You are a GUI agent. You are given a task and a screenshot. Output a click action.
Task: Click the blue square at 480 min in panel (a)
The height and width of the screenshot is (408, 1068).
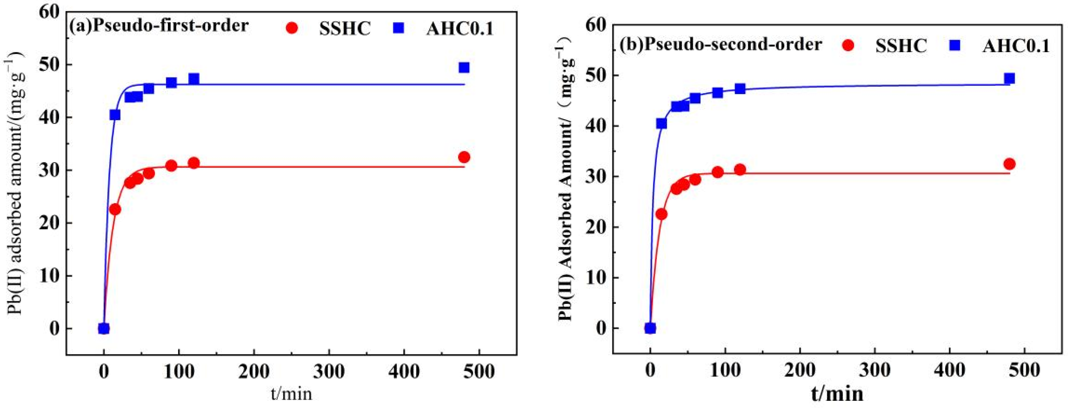tap(464, 67)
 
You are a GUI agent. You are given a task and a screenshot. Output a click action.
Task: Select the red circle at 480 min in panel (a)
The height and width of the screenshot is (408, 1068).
tap(464, 157)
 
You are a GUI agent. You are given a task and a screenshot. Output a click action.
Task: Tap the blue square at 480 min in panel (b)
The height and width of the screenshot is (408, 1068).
tap(1010, 79)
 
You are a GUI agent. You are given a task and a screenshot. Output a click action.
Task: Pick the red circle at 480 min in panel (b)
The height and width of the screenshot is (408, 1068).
tap(1010, 164)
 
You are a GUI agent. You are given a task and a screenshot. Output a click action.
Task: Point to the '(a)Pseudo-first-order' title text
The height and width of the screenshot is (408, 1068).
tap(159, 26)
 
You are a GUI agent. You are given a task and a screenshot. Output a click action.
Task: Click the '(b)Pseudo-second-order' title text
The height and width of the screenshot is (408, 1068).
tap(721, 44)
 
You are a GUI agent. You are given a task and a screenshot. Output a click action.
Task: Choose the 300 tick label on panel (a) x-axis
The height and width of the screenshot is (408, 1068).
tap(329, 371)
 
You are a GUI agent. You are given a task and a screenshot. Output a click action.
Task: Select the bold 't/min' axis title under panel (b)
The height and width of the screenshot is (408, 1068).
tap(837, 393)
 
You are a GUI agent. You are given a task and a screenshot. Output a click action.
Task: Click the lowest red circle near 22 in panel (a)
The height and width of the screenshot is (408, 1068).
tap(115, 209)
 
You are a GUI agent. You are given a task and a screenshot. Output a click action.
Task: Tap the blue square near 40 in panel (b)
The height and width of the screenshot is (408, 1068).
tap(661, 124)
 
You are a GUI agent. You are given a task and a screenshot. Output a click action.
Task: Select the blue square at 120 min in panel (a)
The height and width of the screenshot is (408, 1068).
tap(193, 79)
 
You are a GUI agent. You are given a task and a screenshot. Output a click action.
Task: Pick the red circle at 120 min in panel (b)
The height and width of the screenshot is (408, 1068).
tap(740, 169)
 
